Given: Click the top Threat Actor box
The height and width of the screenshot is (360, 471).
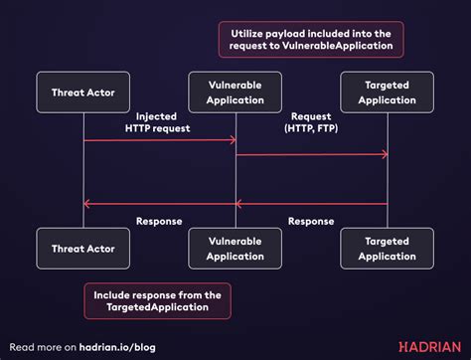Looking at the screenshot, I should (x=83, y=92).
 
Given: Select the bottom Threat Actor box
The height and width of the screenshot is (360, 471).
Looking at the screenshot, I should (x=83, y=249).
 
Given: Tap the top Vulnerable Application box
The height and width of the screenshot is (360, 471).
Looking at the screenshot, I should (x=235, y=92).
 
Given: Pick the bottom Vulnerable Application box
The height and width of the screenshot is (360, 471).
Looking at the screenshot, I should (x=235, y=249).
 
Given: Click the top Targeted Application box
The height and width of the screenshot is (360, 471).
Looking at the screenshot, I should (x=387, y=92).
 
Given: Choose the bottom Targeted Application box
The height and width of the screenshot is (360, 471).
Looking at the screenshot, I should (x=387, y=249).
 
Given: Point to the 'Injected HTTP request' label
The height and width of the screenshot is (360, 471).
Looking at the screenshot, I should (x=159, y=121).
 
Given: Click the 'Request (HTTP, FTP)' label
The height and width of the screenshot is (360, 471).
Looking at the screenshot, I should (x=310, y=121).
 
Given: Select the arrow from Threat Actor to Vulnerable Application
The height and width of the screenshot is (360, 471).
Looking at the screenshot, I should (x=159, y=140).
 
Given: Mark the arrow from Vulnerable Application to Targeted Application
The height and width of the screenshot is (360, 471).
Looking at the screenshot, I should (x=310, y=154).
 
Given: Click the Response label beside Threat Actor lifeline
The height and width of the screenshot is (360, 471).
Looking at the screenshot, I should (x=159, y=221).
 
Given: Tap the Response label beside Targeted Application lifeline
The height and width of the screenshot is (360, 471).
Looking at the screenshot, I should (x=310, y=221).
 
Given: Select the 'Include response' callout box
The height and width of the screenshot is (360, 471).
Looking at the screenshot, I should (x=157, y=301).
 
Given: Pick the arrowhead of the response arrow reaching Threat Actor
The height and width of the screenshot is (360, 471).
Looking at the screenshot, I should (x=87, y=204).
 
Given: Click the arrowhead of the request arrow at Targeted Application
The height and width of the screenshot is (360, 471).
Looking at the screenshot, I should (x=383, y=154).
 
